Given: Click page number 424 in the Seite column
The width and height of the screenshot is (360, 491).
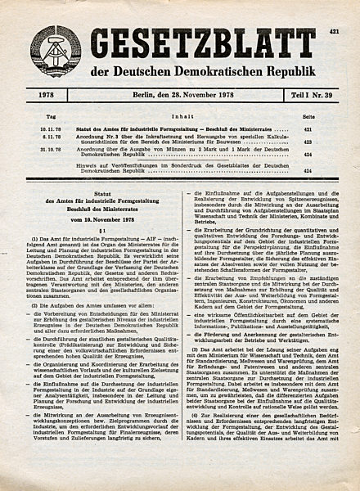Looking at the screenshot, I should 331,170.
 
